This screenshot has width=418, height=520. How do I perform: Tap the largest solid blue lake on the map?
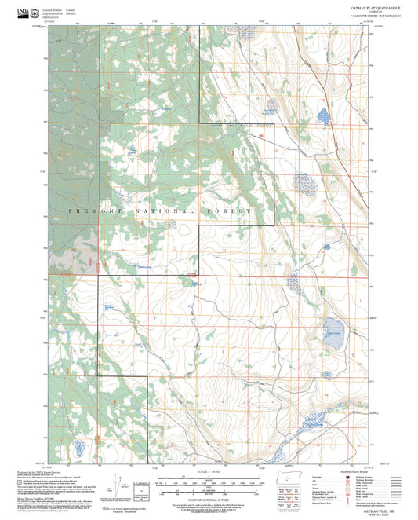[333, 325]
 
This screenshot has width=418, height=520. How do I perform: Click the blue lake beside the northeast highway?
[322, 118]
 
